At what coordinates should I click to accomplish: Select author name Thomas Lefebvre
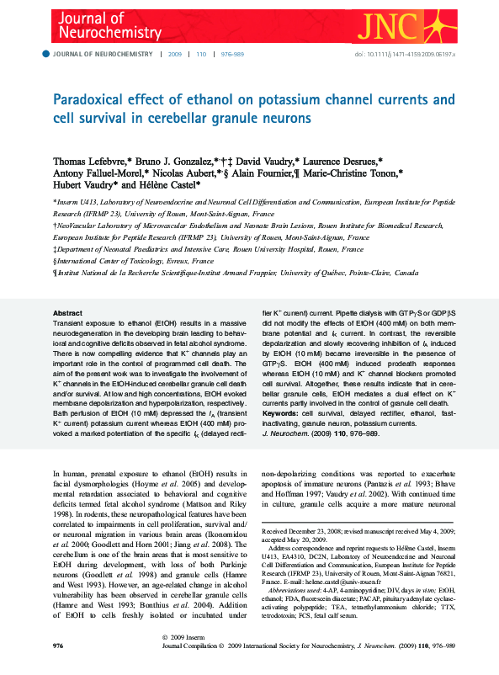tap(90, 159)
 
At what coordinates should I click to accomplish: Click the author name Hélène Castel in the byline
tap(173, 183)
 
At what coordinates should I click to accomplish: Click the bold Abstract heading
tap(67, 312)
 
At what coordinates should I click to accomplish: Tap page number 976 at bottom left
tap(58, 669)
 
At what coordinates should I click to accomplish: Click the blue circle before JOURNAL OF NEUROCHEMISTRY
tap(46, 53)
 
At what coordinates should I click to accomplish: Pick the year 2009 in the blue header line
tap(175, 53)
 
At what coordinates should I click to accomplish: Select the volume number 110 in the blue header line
tap(201, 53)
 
